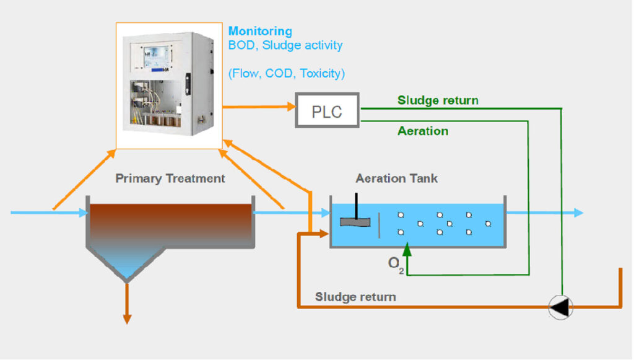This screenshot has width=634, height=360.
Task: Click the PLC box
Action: coord(327,110)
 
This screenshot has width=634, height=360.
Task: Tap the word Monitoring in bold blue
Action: coord(260,31)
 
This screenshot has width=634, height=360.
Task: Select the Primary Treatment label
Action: coord(170,178)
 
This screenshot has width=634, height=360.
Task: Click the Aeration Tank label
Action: coord(396,178)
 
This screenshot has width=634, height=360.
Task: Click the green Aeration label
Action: coord(423,131)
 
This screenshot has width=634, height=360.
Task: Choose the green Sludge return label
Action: coord(438,100)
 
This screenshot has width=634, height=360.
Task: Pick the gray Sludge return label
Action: coord(355,297)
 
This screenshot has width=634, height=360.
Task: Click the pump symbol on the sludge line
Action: coord(561,307)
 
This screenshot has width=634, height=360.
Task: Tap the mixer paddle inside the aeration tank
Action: coord(355,222)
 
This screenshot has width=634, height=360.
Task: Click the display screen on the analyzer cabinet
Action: coord(156,56)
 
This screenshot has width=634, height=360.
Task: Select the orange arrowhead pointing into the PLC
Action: coord(292,107)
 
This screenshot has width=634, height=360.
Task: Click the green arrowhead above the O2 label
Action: coord(407,250)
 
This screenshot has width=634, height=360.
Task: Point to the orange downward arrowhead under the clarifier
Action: coord(127,318)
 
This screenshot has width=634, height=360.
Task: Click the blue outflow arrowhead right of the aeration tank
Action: coord(579,213)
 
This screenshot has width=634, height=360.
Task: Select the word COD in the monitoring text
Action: coord(279,74)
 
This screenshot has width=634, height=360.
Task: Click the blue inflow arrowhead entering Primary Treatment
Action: coord(84,213)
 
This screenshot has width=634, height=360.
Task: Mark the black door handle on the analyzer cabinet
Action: coord(188,84)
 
